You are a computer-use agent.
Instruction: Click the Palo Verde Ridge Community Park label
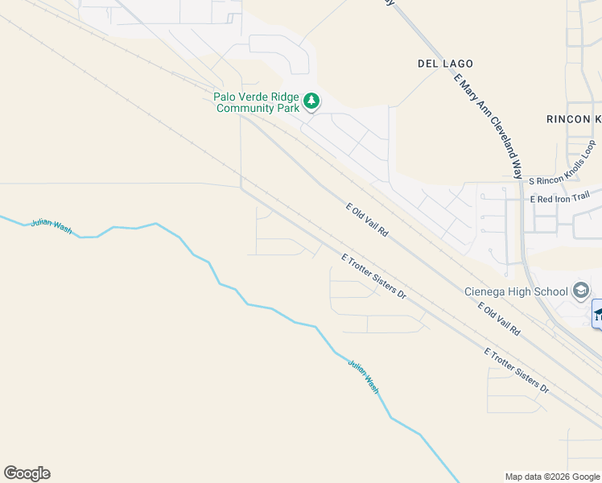(255, 102)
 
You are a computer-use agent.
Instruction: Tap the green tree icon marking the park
(311, 102)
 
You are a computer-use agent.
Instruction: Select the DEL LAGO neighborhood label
(445, 64)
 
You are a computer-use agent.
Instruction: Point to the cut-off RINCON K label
(574, 119)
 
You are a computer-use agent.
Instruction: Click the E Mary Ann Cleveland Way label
(489, 125)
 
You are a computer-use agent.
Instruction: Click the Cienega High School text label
(515, 291)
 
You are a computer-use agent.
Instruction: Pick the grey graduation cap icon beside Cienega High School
(580, 291)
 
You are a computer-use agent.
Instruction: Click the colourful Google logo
(27, 473)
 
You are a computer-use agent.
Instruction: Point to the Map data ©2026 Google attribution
(551, 477)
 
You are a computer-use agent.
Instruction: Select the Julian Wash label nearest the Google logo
(52, 227)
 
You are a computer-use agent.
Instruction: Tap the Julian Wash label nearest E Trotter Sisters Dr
(363, 376)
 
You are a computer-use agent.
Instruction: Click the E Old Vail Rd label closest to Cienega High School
(499, 320)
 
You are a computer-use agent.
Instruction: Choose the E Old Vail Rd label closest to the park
(368, 219)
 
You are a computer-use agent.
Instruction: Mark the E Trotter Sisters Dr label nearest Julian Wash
(373, 276)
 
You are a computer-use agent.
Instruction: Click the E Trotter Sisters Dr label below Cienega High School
(517, 370)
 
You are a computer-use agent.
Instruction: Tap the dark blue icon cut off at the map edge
(596, 313)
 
